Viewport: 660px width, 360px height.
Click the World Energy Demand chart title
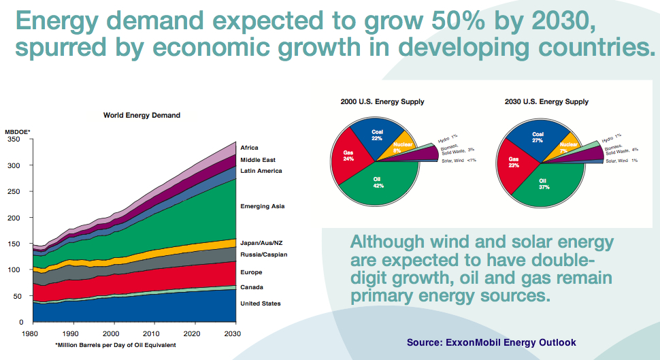point(142,116)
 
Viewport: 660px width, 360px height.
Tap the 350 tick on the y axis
point(14,140)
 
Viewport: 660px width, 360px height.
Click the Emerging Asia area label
point(263,206)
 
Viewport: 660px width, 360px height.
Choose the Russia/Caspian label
point(263,255)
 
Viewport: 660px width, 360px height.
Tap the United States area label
point(260,304)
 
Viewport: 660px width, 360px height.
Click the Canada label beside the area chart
point(251,287)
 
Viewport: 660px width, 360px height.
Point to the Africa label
point(249,148)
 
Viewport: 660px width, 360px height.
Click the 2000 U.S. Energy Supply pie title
point(382,102)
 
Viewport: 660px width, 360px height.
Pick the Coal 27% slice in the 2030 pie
point(538,138)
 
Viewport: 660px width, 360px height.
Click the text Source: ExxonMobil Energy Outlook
point(491,342)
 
